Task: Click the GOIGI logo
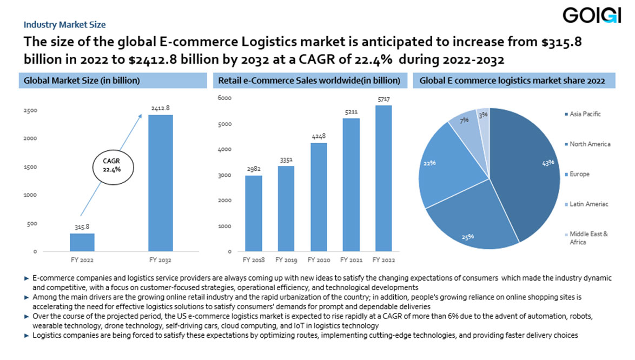pos(591,16)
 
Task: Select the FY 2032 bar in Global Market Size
pos(161,183)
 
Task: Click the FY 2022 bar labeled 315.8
pos(82,242)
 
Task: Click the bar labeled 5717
pos(383,178)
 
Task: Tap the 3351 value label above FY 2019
pos(286,159)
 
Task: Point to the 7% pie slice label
pos(464,121)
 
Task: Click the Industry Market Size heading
pos(64,24)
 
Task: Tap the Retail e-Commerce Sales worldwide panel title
pos(309,81)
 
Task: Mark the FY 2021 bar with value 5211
pos(350,185)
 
